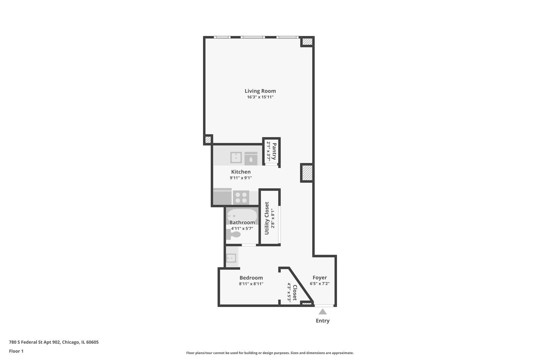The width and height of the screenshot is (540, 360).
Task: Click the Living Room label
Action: (x=260, y=91)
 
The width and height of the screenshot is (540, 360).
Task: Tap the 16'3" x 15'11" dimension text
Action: (x=260, y=97)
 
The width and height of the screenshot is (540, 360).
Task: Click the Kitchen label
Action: (x=241, y=172)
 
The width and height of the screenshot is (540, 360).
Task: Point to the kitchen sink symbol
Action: (x=236, y=158)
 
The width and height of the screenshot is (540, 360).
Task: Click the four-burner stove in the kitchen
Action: (x=241, y=197)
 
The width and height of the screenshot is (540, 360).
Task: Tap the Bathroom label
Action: (x=242, y=222)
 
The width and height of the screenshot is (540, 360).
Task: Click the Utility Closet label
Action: (x=267, y=218)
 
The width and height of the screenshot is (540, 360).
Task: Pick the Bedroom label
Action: (x=251, y=278)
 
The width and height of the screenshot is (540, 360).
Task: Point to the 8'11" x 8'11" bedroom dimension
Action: (x=251, y=284)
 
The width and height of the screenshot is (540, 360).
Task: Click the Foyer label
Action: (x=319, y=278)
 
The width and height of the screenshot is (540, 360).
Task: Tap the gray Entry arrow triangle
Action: (x=322, y=312)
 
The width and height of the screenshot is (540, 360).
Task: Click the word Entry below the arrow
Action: (x=322, y=321)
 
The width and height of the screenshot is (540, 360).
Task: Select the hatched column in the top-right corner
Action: (x=307, y=42)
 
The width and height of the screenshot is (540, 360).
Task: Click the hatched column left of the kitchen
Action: (x=208, y=140)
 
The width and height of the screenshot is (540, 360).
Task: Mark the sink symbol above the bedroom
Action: (x=231, y=258)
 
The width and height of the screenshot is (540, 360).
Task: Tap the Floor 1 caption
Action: (x=16, y=351)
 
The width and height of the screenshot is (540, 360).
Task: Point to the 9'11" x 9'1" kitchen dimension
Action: (x=241, y=178)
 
